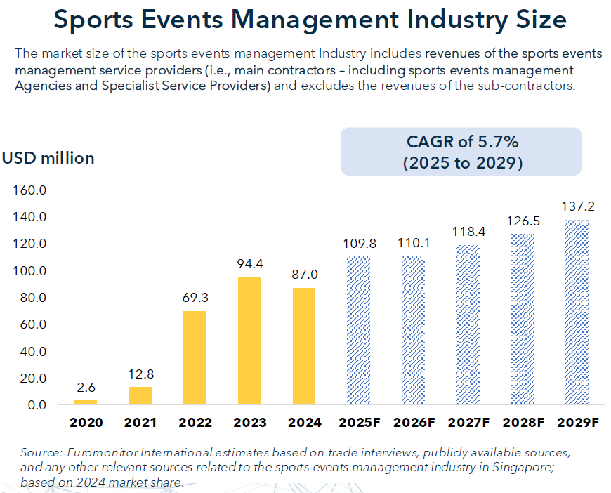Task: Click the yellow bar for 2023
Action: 250,341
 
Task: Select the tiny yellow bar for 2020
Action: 86,402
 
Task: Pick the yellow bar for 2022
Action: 195,357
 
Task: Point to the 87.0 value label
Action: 303,275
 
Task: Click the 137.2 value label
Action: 578,207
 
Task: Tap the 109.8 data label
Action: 360,244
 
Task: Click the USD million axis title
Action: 48,158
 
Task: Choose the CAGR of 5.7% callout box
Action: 461,152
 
